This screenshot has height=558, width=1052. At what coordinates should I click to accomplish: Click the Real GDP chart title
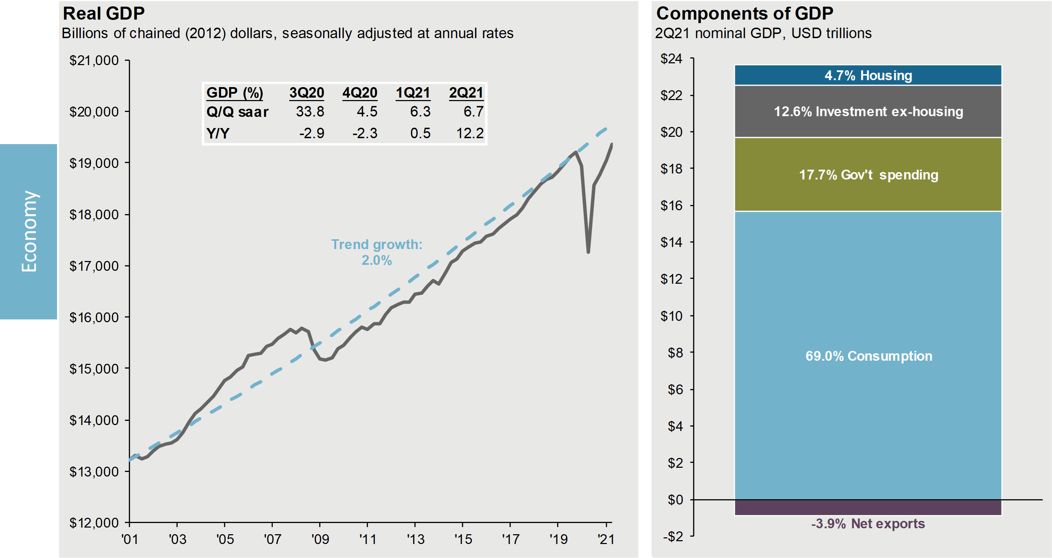pos(104,14)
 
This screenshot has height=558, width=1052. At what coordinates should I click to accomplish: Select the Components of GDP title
pos(745,14)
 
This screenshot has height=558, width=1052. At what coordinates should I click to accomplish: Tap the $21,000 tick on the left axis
pos(94,61)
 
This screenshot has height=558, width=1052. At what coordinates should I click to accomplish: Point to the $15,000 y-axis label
pos(94,369)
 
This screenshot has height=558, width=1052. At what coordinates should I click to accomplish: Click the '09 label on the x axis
pos(320,539)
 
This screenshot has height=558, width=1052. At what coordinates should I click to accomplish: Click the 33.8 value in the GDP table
pos(310,112)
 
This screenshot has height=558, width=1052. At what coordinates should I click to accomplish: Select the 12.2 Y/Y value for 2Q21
pos(470,133)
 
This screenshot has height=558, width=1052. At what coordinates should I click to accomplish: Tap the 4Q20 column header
pos(360,93)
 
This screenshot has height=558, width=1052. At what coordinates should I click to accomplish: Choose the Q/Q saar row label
pos(237,112)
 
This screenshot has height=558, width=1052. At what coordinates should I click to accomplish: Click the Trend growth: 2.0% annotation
pos(377,252)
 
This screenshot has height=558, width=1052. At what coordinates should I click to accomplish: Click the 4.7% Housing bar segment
pos(868,76)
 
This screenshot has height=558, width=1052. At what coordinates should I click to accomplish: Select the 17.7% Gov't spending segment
pos(868,175)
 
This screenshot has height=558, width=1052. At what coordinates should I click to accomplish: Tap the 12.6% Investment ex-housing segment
pos(868,112)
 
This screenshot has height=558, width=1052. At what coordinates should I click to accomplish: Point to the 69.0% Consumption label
pos(869,356)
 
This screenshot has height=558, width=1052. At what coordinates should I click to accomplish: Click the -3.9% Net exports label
pos(868,524)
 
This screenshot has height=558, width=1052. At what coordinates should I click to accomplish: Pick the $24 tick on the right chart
pos(671,59)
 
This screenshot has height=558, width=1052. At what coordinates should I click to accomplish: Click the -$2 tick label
pos(673,536)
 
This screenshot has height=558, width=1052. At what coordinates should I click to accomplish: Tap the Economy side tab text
pos(29,231)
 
